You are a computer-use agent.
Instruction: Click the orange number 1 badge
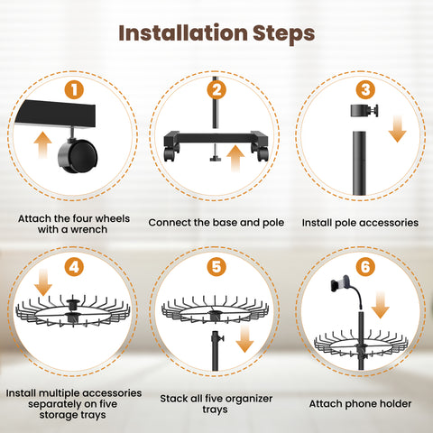click(x=74, y=89)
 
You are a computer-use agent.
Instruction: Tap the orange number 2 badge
click(x=216, y=89)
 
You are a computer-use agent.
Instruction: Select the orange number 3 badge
click(x=365, y=89)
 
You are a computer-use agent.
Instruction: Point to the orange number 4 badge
click(x=74, y=267)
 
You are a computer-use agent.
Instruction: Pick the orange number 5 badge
click(x=216, y=267)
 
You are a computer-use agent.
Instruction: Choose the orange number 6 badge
click(x=365, y=267)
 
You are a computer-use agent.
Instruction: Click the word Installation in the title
click(x=183, y=32)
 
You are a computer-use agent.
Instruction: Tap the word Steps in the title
click(x=284, y=33)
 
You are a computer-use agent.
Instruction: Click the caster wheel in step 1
click(x=78, y=153)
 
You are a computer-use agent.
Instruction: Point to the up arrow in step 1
click(x=42, y=145)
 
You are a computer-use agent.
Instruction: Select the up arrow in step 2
click(x=235, y=159)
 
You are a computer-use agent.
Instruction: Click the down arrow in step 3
click(x=397, y=129)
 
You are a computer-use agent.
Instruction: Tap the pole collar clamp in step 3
click(x=364, y=110)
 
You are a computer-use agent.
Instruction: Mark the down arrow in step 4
click(x=43, y=282)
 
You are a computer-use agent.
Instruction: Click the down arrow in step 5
click(x=244, y=339)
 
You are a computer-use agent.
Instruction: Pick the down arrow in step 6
click(x=381, y=305)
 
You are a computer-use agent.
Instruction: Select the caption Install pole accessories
click(x=360, y=223)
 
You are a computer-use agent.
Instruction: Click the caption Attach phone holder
click(x=360, y=404)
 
